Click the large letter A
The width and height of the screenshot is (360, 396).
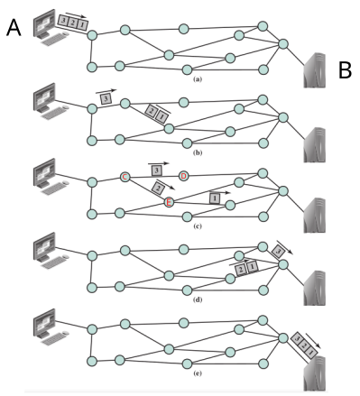[14, 27]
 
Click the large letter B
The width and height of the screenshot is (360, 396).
[345, 70]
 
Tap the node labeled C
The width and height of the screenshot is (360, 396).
[125, 177]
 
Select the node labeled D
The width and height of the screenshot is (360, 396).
[183, 176]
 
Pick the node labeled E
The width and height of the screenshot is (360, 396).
[169, 203]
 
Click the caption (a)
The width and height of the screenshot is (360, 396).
[198, 79]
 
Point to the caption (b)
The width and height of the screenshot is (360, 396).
[198, 152]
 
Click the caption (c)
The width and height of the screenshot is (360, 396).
[198, 226]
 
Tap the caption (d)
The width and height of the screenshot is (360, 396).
[198, 299]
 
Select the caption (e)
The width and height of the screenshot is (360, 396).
[198, 373]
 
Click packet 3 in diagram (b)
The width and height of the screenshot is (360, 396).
[106, 98]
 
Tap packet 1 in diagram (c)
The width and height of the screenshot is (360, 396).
[215, 198]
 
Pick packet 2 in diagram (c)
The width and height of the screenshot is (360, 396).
[158, 188]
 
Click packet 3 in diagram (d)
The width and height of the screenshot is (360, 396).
[278, 252]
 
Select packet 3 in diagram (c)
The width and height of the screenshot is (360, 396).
[157, 170]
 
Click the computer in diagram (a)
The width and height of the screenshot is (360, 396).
[51, 28]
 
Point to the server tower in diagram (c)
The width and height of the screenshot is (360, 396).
[314, 216]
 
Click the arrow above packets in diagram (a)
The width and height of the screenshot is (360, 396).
[76, 15]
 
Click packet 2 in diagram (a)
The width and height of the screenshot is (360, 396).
[72, 23]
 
